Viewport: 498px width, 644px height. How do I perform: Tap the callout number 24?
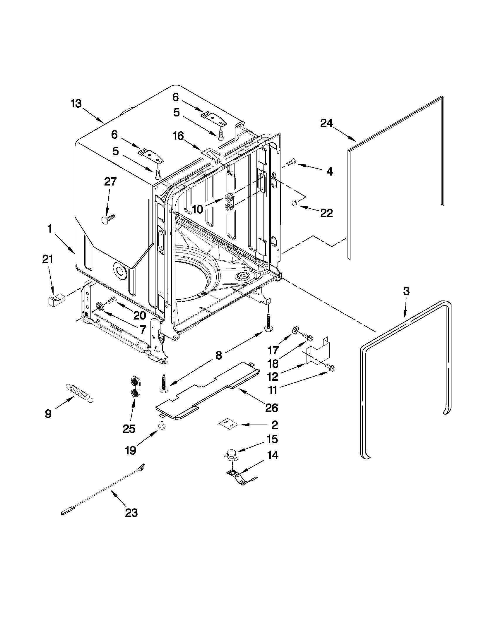327,123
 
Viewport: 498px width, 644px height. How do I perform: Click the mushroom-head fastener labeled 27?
108,219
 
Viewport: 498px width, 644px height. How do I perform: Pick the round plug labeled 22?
295,203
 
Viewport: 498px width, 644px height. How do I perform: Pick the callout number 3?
406,291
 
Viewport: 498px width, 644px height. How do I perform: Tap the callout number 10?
197,210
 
